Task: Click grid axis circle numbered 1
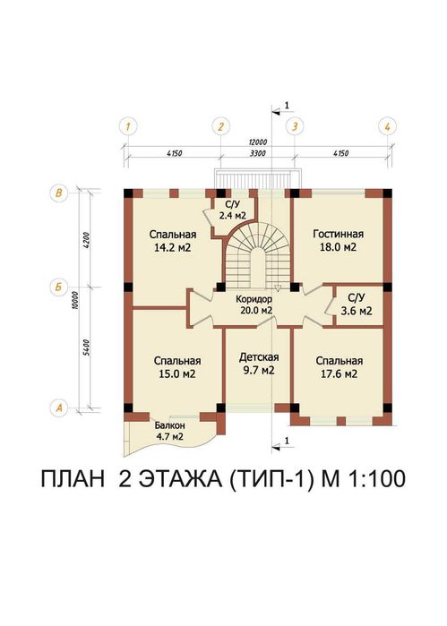pos(130,126)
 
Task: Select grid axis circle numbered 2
pos(219,126)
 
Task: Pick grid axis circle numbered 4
pos(386,126)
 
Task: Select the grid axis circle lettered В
pos(59,193)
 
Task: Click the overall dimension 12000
pos(258,143)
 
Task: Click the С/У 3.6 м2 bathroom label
pos(356,304)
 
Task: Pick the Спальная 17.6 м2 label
pos(338,367)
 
